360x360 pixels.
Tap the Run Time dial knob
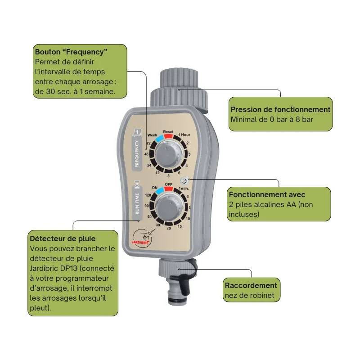[170, 206]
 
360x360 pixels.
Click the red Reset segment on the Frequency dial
[168, 136]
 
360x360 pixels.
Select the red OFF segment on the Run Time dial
[168, 189]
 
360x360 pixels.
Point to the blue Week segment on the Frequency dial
[159, 139]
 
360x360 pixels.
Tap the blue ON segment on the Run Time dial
[159, 190]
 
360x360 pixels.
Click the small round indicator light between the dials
[184, 181]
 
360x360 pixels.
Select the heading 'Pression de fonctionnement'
[280, 109]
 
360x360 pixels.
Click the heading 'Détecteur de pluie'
[63, 239]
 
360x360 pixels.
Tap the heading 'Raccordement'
[251, 285]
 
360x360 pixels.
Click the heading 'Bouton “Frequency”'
[71, 52]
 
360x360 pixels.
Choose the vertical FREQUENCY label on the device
[137, 153]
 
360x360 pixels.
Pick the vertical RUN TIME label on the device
[137, 203]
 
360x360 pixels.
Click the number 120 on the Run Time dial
[148, 195]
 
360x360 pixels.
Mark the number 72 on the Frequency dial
[149, 143]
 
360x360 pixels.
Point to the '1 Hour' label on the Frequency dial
[184, 135]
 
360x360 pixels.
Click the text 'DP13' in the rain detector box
[69, 268]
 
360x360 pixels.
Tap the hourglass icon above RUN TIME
[137, 184]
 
